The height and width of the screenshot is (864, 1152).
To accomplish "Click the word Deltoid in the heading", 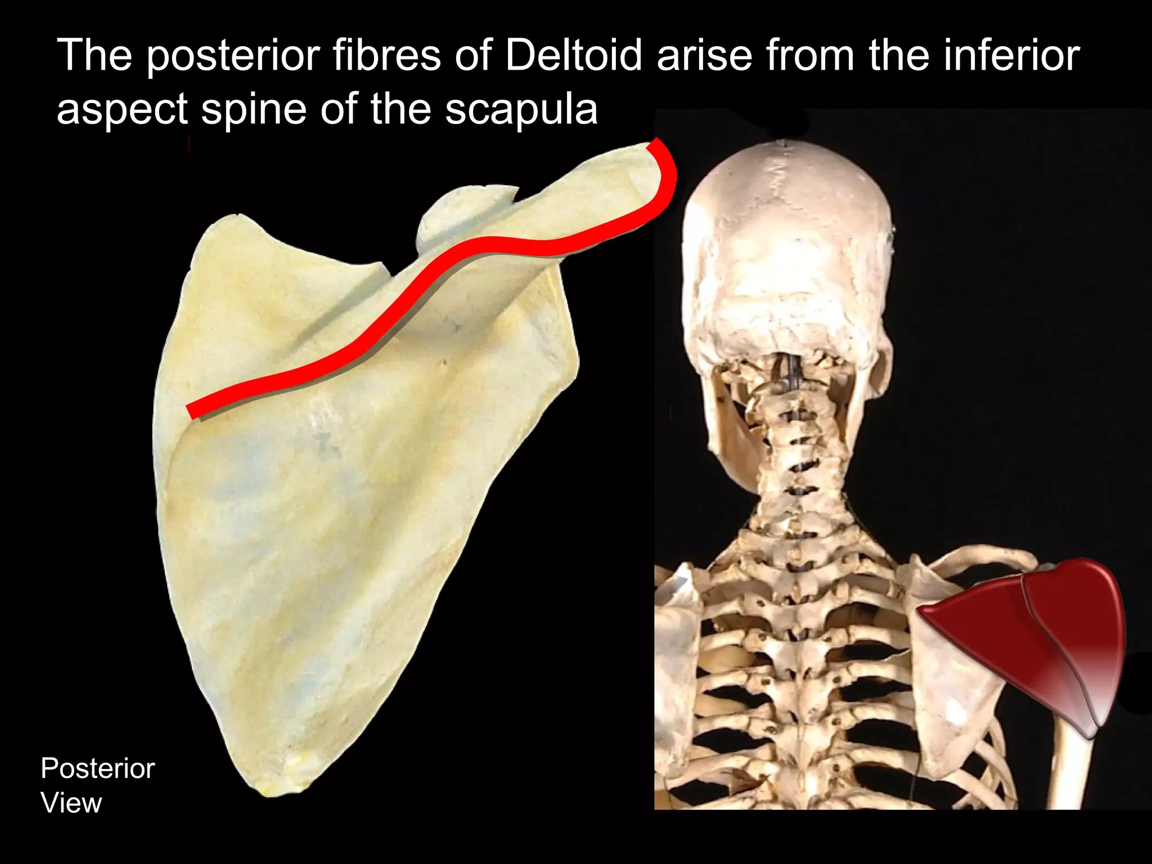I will (573, 56).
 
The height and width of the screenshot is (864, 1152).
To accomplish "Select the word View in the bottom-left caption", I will (71, 803).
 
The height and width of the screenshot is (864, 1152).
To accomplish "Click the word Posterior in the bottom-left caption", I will (97, 768).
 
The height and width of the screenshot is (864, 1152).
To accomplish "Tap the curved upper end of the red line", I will (667, 169).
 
